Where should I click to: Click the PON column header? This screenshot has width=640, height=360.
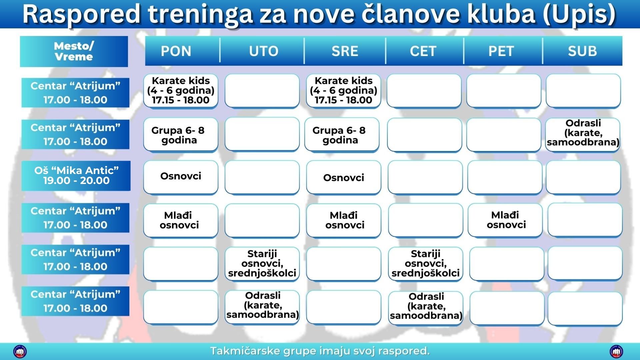coord(176,51)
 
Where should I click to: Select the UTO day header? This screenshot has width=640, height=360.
coord(263,51)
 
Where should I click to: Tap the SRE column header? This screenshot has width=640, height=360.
coord(345,51)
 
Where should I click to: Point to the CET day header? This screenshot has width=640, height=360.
coord(423,51)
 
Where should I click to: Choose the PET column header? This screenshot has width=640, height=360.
coord(501,51)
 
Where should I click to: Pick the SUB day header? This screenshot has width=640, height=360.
coord(582,51)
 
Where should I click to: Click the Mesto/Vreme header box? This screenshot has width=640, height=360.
coord(74,51)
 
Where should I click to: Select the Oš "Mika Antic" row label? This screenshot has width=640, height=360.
coord(76,176)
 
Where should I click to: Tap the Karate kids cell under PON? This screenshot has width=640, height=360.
coord(181,91)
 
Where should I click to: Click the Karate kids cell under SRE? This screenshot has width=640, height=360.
coord(343,91)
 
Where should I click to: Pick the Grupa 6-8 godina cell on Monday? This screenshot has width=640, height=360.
coord(181,135)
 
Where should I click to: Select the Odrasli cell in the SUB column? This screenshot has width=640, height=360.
coord(583,135)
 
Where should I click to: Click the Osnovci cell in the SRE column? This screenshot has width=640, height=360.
coord(344,177)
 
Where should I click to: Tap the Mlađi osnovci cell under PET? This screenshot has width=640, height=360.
coord(505,220)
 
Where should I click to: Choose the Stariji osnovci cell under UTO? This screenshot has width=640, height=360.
coord(262,264)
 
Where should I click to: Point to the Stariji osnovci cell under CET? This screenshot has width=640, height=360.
coord(426,264)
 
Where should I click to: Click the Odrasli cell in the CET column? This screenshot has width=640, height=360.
coord(426,307)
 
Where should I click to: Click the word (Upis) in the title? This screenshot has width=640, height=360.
coord(579,14)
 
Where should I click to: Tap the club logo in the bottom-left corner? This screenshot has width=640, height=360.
coord(20,351)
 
